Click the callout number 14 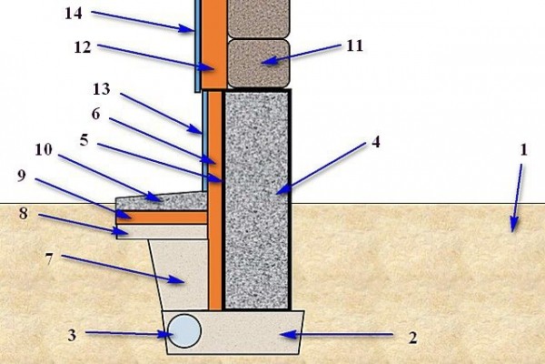[74, 14]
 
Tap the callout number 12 [83, 47]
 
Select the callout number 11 [355, 45]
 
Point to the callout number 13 [102, 89]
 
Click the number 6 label [96, 114]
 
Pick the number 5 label [84, 140]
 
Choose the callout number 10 [44, 150]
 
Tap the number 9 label [22, 176]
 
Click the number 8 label [24, 213]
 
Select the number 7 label [49, 259]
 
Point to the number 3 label [72, 335]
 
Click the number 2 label [412, 338]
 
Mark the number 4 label [376, 142]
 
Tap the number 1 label [524, 150]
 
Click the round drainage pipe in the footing [184, 331]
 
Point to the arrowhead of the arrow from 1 [514, 225]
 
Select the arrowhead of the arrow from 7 [176, 279]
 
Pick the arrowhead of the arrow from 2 [289, 335]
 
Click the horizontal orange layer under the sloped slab [162, 217]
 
